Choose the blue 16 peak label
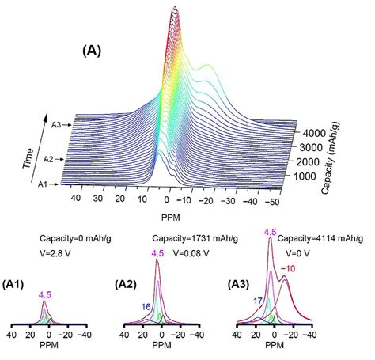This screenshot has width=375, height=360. [x=147, y=305]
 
